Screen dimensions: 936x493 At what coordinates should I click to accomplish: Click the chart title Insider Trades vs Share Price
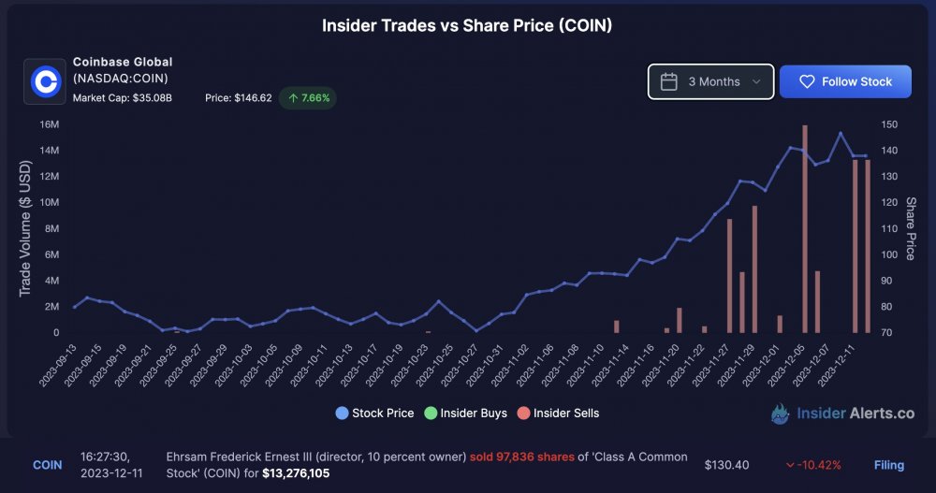[x=467, y=25]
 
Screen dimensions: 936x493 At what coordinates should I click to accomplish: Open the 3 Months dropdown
[x=711, y=81]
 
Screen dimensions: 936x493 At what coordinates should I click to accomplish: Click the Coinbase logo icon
[x=45, y=81]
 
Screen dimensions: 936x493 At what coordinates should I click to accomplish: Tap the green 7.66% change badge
[x=308, y=98]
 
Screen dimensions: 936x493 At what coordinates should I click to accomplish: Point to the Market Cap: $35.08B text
[x=123, y=98]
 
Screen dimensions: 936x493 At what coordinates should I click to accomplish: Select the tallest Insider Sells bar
[x=805, y=228]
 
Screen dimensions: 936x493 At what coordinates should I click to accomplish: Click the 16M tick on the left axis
[x=50, y=124]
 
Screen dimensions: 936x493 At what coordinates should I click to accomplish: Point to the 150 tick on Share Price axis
[x=889, y=124]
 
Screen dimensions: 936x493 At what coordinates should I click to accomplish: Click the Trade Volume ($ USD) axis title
[x=25, y=228]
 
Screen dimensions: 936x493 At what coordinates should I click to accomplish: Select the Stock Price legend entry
[x=375, y=413]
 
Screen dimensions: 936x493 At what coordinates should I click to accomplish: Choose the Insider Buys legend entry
[x=465, y=413]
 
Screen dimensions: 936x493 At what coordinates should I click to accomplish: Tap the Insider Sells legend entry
[x=558, y=413]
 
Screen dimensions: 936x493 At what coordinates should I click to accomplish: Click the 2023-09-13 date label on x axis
[x=58, y=365]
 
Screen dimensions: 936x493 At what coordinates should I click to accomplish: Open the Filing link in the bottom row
[x=889, y=465]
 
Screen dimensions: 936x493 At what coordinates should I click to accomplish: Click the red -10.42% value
[x=813, y=465]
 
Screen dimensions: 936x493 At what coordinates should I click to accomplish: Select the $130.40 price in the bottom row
[x=726, y=465]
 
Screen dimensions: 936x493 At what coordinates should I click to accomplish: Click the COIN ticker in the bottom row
[x=47, y=465]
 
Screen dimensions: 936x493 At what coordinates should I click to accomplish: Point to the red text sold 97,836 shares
[x=521, y=457]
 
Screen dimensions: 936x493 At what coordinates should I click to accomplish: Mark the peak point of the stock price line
[x=841, y=133]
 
